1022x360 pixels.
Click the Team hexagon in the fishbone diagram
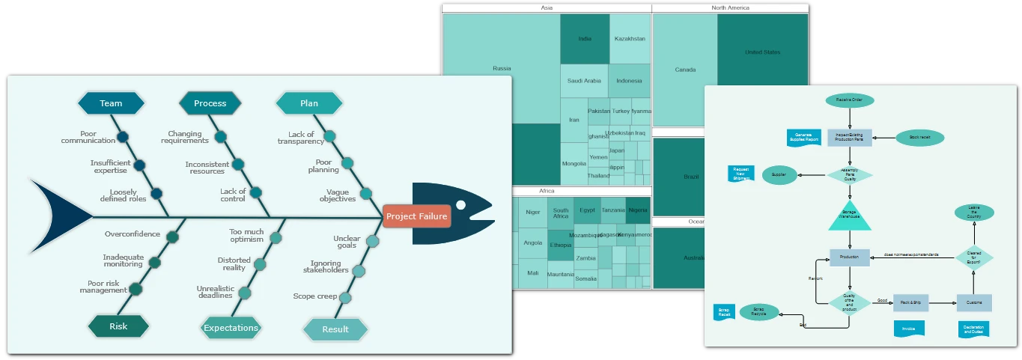point(111,103)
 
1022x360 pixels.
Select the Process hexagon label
point(210,103)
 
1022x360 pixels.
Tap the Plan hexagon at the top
point(308,103)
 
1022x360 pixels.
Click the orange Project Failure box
point(416,216)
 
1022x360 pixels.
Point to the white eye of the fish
point(460,205)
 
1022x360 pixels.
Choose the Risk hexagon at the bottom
point(118,326)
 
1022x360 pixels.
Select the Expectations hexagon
point(231,328)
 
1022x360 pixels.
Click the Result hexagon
point(335,329)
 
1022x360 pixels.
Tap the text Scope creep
point(315,296)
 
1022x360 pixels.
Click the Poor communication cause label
point(88,138)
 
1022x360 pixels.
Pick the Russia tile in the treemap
point(502,69)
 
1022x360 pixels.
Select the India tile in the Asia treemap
point(585,39)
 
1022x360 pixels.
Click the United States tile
point(762,52)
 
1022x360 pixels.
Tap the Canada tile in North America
point(685,70)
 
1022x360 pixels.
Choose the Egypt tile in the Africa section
point(587,210)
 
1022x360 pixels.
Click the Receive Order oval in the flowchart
point(849,100)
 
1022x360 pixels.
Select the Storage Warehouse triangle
point(849,218)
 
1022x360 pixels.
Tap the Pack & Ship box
point(910,302)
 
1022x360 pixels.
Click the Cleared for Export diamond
point(973,257)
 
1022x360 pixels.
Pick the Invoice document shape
point(909,329)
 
